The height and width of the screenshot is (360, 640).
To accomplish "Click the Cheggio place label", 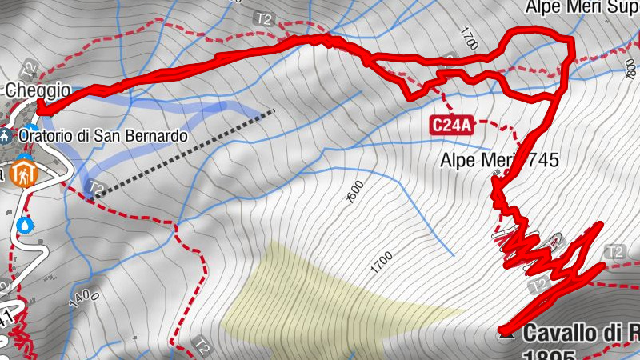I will (38, 91).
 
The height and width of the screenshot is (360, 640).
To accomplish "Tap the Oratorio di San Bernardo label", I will (103, 136).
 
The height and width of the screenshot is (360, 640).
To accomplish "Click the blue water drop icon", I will (26, 224).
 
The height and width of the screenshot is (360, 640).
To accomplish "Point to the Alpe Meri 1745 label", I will (498, 160).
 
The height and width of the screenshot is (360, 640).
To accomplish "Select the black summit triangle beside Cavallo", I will (506, 333).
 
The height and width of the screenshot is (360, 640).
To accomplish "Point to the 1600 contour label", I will (356, 193).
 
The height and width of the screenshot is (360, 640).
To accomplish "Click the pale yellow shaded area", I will (320, 296).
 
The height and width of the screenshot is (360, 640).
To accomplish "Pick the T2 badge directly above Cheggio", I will (29, 68).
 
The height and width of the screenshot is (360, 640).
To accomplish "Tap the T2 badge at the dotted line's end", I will (96, 189).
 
